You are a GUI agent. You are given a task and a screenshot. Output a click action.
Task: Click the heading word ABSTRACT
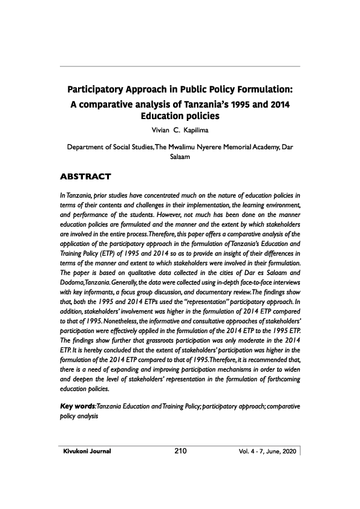click(87, 177)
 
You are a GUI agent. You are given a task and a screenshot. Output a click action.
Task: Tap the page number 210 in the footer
click(180, 450)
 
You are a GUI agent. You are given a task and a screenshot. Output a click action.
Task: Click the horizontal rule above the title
click(180, 66)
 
